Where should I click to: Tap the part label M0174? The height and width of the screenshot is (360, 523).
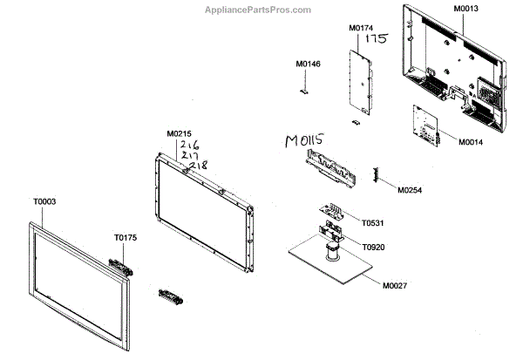point(361,29)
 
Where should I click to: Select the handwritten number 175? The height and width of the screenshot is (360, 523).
point(376,39)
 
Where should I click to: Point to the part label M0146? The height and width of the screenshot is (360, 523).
point(308,65)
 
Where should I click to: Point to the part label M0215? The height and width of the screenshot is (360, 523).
point(179,133)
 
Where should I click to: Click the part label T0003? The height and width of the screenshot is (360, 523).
point(44,201)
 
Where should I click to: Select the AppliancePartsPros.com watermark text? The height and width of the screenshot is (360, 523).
point(261,10)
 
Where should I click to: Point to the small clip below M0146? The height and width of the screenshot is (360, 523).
point(305,88)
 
